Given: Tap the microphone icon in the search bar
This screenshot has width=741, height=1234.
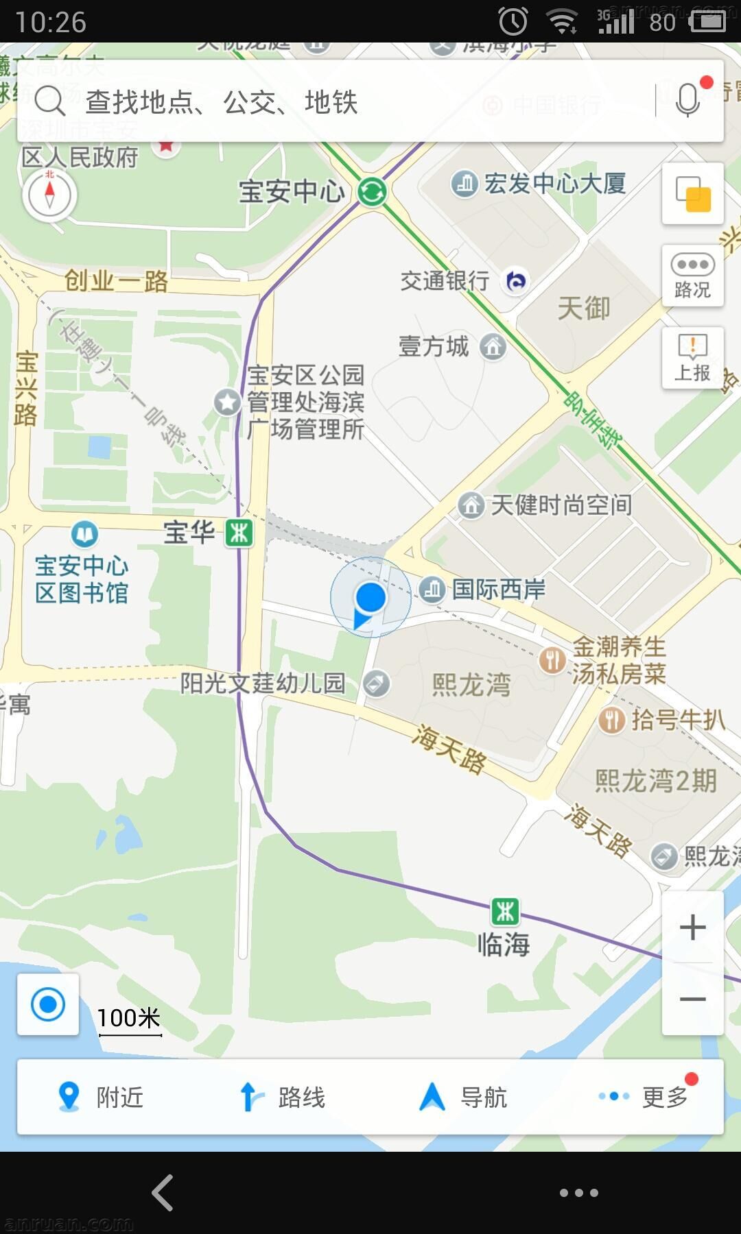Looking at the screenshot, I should pyautogui.click(x=687, y=101).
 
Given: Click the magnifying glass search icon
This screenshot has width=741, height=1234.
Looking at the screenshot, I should pyautogui.click(x=49, y=101).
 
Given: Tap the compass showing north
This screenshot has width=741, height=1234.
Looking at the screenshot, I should pyautogui.click(x=49, y=195).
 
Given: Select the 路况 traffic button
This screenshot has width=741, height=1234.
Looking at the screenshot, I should pyautogui.click(x=692, y=276).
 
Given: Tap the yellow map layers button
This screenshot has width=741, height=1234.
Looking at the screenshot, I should pyautogui.click(x=692, y=194).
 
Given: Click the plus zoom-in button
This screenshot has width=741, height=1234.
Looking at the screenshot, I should pyautogui.click(x=692, y=928).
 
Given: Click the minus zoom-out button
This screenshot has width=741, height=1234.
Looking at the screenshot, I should pyautogui.click(x=692, y=999).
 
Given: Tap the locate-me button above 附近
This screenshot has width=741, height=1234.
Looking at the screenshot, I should pyautogui.click(x=48, y=1004).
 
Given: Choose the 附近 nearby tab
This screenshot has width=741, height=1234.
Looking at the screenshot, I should pyautogui.click(x=100, y=1097).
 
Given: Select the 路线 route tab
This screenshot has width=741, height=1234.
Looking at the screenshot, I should pyautogui.click(x=281, y=1097).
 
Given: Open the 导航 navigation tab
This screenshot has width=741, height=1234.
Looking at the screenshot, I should pyautogui.click(x=463, y=1097).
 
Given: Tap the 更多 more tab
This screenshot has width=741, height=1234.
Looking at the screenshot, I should pyautogui.click(x=645, y=1097).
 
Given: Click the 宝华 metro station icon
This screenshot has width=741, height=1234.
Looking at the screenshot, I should pyautogui.click(x=239, y=533).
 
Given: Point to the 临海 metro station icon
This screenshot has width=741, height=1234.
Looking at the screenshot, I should pyautogui.click(x=505, y=912).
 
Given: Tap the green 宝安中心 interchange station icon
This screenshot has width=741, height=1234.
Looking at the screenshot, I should pyautogui.click(x=372, y=191).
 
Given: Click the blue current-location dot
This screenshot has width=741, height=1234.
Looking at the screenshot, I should pyautogui.click(x=370, y=597).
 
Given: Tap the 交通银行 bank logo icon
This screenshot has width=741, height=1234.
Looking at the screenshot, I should pyautogui.click(x=516, y=280).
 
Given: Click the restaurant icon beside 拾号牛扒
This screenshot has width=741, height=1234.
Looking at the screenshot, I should pyautogui.click(x=611, y=720).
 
